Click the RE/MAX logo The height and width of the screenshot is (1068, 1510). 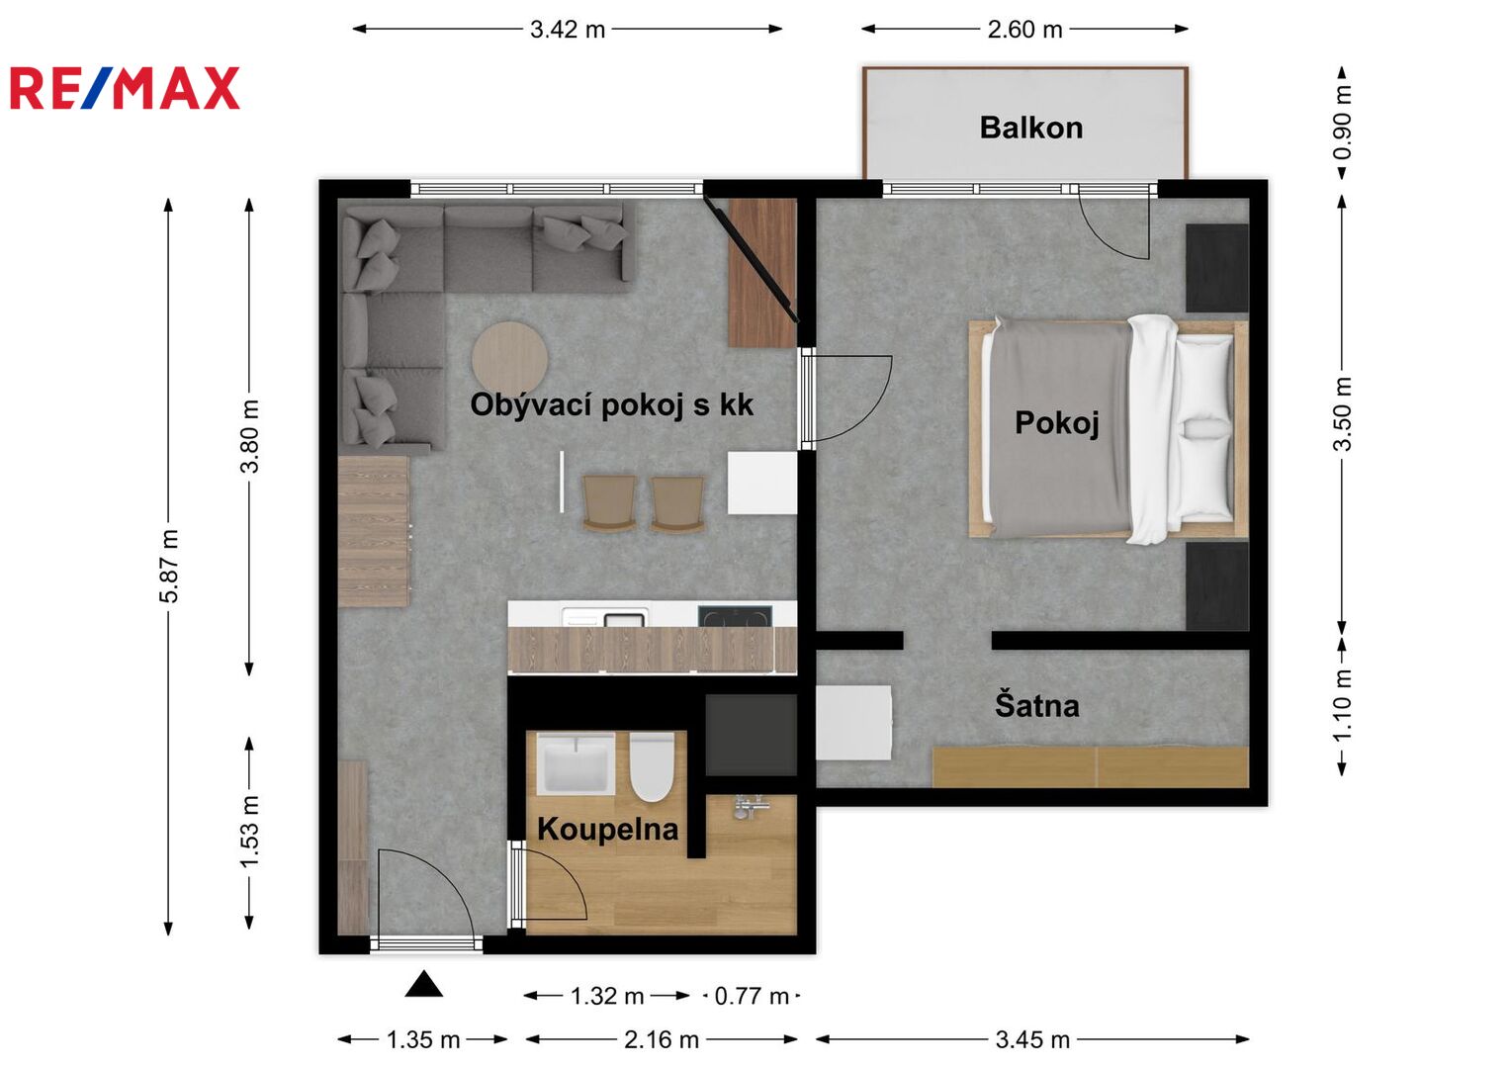[x=125, y=88]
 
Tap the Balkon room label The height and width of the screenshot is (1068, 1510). [x=1030, y=129]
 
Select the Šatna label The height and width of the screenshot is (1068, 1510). [x=1036, y=705]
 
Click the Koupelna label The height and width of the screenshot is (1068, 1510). [x=607, y=830]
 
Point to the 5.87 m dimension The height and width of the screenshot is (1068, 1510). [x=168, y=567]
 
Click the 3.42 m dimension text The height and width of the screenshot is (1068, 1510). [x=568, y=30]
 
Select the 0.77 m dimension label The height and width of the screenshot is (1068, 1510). [x=751, y=996]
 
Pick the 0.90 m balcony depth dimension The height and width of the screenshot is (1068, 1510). [x=1342, y=123]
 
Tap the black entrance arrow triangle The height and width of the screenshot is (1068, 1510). [x=424, y=984]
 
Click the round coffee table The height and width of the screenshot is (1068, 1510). [x=509, y=359]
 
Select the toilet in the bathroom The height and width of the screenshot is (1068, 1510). [x=652, y=767]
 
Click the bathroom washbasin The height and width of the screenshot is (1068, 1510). [x=576, y=763]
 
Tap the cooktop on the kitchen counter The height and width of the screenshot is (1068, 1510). [x=735, y=616]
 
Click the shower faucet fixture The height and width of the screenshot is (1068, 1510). [x=750, y=806]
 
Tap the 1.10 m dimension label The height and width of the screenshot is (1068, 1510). [x=1342, y=704]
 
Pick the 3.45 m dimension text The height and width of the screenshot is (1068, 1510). [x=1032, y=1039]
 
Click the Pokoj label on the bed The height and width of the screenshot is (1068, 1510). [x=1056, y=423]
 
